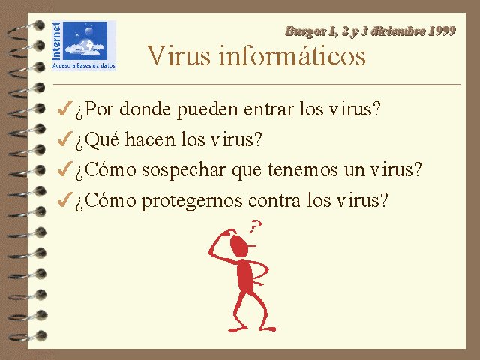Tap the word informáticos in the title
[x=292, y=55]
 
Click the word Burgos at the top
[x=305, y=31]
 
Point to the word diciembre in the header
[x=397, y=31]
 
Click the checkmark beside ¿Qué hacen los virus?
[x=65, y=139]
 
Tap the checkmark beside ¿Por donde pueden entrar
[x=65, y=108]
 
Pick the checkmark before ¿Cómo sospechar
[x=65, y=169]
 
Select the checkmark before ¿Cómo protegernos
[x=65, y=199]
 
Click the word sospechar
[x=183, y=171]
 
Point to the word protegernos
[x=192, y=202]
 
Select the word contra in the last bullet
[x=274, y=201]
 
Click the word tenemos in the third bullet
[x=302, y=170]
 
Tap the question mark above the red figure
[x=255, y=226]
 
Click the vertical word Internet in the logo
[x=57, y=41]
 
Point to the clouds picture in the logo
[x=85, y=40]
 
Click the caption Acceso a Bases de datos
[x=83, y=65]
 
